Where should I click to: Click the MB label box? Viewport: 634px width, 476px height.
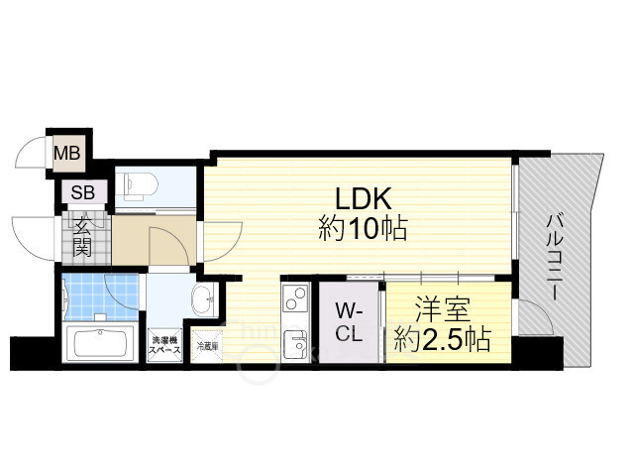tap(67, 154)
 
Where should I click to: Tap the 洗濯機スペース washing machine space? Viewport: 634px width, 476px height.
tap(165, 343)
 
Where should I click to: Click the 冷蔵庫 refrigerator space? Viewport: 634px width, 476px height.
tap(207, 346)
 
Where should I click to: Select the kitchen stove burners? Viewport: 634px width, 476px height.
tap(294, 297)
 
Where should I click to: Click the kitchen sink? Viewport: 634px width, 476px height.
tap(294, 344)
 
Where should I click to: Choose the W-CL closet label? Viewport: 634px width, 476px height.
tap(348, 322)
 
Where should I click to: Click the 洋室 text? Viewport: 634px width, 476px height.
tap(437, 308)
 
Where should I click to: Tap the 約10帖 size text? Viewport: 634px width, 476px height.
tap(363, 230)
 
